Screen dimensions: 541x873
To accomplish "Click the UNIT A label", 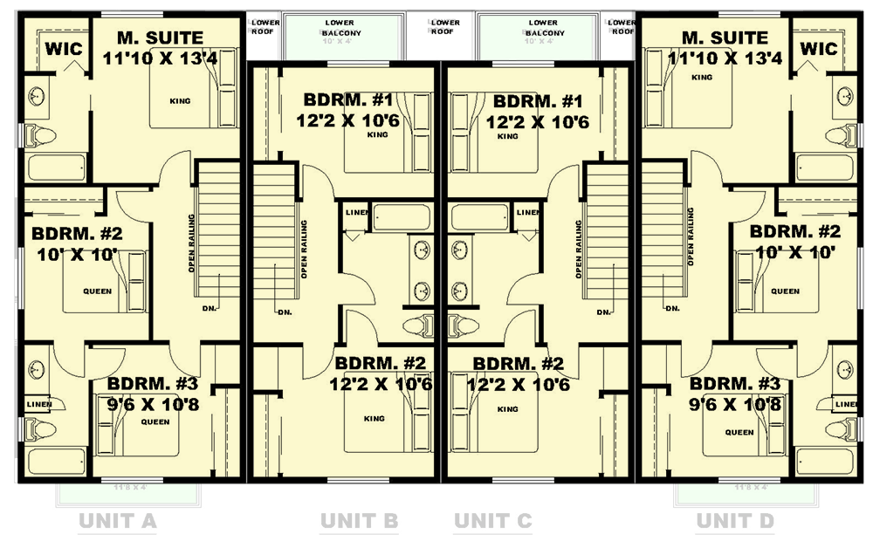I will [x=117, y=522].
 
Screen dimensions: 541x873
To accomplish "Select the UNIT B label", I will [x=359, y=522].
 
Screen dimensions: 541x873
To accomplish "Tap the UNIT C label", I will [x=492, y=522].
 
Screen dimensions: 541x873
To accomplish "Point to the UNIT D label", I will [x=735, y=522].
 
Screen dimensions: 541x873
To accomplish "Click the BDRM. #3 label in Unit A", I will [x=154, y=383].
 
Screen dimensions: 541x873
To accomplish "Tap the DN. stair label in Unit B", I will [x=285, y=312].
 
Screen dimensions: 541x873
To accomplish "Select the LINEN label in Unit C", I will [x=527, y=212].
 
